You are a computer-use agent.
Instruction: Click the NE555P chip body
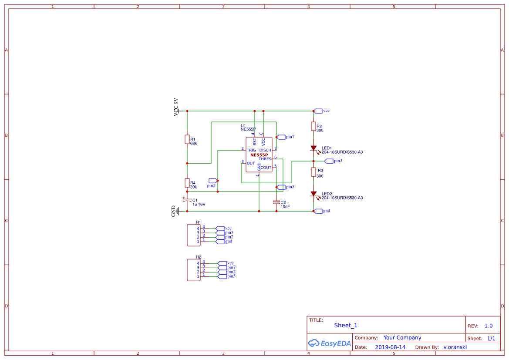(x=259, y=155)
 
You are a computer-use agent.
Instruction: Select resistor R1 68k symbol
(x=187, y=139)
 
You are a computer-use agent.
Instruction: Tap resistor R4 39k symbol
(x=187, y=183)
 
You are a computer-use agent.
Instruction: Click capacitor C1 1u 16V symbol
(x=187, y=202)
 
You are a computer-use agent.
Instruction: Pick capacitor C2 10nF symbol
(x=276, y=202)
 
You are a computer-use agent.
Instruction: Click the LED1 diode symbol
(x=313, y=148)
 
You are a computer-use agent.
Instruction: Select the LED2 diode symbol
(x=313, y=194)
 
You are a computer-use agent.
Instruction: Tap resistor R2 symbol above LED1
(x=313, y=126)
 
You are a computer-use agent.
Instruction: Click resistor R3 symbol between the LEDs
(x=313, y=172)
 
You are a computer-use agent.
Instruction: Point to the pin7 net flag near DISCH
(x=281, y=137)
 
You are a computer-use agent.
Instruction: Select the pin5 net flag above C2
(x=281, y=187)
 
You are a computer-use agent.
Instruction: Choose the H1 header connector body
(x=193, y=234)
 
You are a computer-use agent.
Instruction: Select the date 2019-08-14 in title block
(x=390, y=347)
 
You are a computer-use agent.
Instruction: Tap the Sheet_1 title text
(x=346, y=325)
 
